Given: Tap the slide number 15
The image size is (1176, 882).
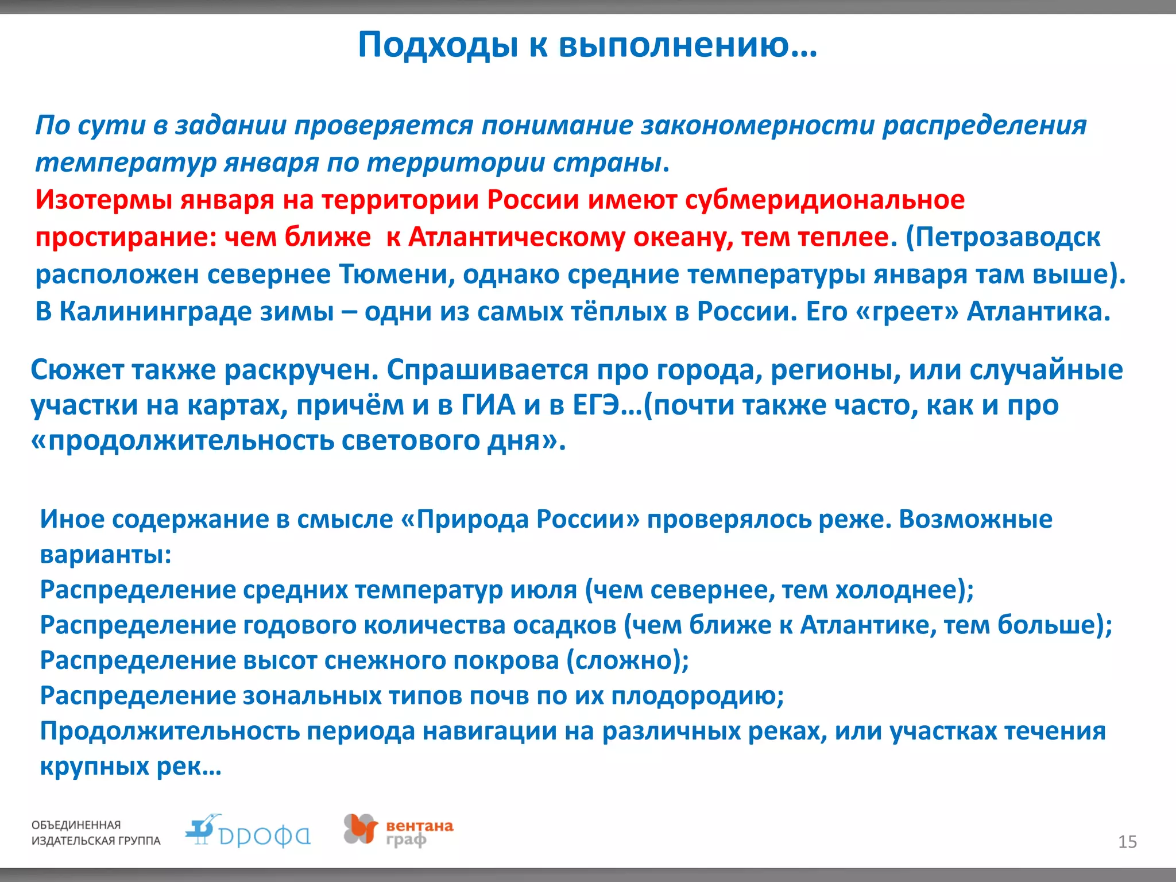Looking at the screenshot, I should tap(1127, 842).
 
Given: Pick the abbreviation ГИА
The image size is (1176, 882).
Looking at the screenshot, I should tap(488, 405).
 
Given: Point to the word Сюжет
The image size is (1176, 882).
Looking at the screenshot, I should tap(77, 370).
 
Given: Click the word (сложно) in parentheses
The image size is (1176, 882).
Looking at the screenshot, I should tap(627, 661).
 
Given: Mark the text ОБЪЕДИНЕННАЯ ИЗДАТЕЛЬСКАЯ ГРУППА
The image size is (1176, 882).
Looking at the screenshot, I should tap(95, 833).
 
